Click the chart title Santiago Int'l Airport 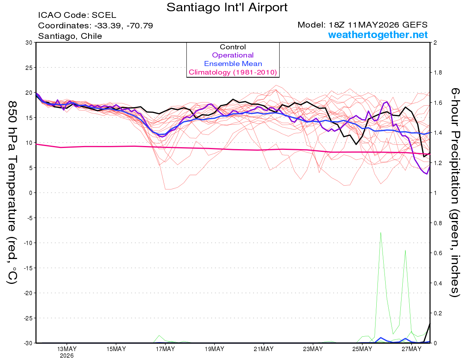227,7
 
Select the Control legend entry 233,47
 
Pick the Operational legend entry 233,55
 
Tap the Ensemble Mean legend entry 233,63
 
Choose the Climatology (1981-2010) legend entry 233,72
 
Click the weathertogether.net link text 378,35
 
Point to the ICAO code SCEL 104,15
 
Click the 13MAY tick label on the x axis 67,349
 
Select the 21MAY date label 264,349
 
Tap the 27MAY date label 412,349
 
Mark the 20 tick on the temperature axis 29,93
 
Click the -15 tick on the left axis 28,268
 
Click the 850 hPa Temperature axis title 12,193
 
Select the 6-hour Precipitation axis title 455,193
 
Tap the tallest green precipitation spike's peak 381,232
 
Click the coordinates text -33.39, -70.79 123,26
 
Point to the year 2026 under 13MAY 67,356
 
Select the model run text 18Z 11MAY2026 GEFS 378,24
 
